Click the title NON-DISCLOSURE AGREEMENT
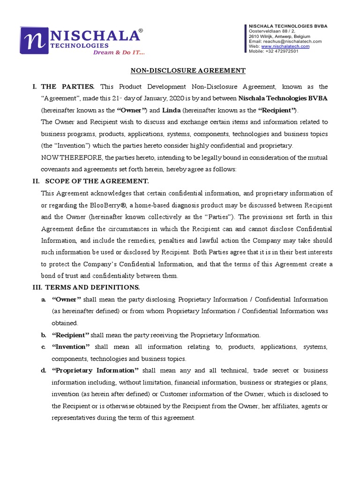(x=187, y=71)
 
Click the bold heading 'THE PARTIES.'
(x=68, y=87)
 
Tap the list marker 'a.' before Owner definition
(x=43, y=299)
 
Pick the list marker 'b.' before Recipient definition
(x=43, y=335)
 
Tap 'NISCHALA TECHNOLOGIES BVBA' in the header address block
(x=288, y=26)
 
